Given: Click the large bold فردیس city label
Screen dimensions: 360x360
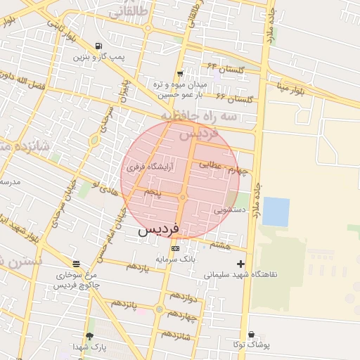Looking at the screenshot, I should [158, 229].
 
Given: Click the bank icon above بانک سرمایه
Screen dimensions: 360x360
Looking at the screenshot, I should [175, 248].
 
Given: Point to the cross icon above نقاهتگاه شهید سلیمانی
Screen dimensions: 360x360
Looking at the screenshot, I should [241, 264].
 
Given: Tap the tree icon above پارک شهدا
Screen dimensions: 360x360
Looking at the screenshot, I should [89, 336].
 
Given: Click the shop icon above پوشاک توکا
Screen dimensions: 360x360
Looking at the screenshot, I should [251, 334].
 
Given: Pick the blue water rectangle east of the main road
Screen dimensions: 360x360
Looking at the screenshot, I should [276, 212].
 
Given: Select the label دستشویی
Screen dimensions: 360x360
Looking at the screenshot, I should [229, 209].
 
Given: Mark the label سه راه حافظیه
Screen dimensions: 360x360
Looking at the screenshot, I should [187, 115].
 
